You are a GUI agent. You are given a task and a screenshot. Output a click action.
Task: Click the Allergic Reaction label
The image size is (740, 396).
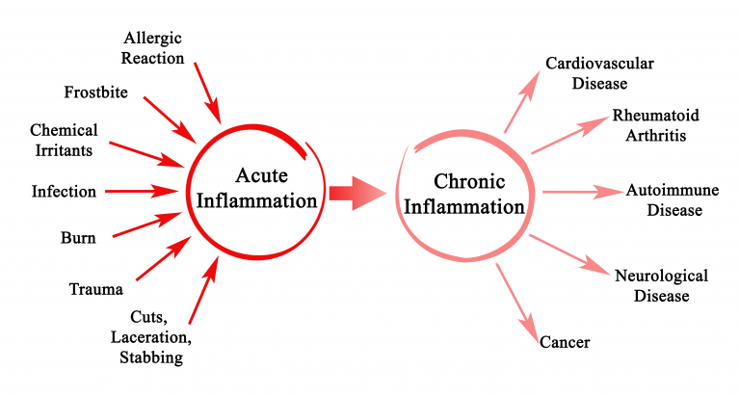point(153,47)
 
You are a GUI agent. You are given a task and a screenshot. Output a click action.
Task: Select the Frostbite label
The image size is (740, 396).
point(95,93)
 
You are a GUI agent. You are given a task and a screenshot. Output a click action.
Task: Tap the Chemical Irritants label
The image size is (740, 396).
point(64,140)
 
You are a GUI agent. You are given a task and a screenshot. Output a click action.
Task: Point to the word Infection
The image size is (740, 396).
point(64,191)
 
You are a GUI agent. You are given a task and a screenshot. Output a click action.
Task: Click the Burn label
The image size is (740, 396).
point(77,238)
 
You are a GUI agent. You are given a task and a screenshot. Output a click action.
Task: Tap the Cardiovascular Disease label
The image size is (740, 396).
point(599,73)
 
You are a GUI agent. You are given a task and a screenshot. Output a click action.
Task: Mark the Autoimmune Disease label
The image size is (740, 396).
point(674,199)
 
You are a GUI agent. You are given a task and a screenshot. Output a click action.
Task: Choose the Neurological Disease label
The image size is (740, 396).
point(661,285)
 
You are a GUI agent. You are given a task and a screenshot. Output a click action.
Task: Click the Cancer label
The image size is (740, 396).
point(564,342)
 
